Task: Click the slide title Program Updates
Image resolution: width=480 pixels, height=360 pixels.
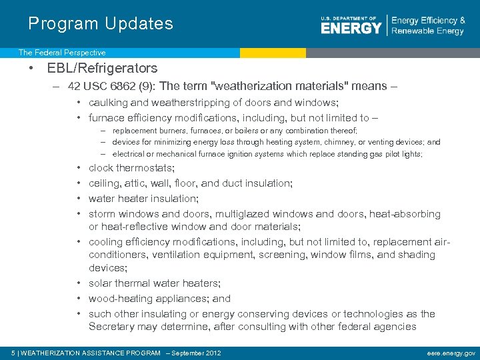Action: (x=101, y=24)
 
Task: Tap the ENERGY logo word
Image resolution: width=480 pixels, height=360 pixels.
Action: (x=351, y=27)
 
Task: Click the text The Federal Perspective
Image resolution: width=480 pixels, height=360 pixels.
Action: (x=62, y=52)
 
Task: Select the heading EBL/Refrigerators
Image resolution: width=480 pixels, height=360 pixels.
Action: (x=102, y=68)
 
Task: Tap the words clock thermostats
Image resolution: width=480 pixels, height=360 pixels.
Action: (x=132, y=168)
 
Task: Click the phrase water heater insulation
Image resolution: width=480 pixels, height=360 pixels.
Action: (x=143, y=199)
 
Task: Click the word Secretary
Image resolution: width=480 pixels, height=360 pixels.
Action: (x=112, y=327)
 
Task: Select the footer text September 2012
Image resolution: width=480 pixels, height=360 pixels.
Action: (x=196, y=353)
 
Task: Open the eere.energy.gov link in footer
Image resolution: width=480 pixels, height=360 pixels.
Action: (x=451, y=353)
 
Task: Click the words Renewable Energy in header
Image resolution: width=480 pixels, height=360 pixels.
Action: (x=427, y=31)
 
